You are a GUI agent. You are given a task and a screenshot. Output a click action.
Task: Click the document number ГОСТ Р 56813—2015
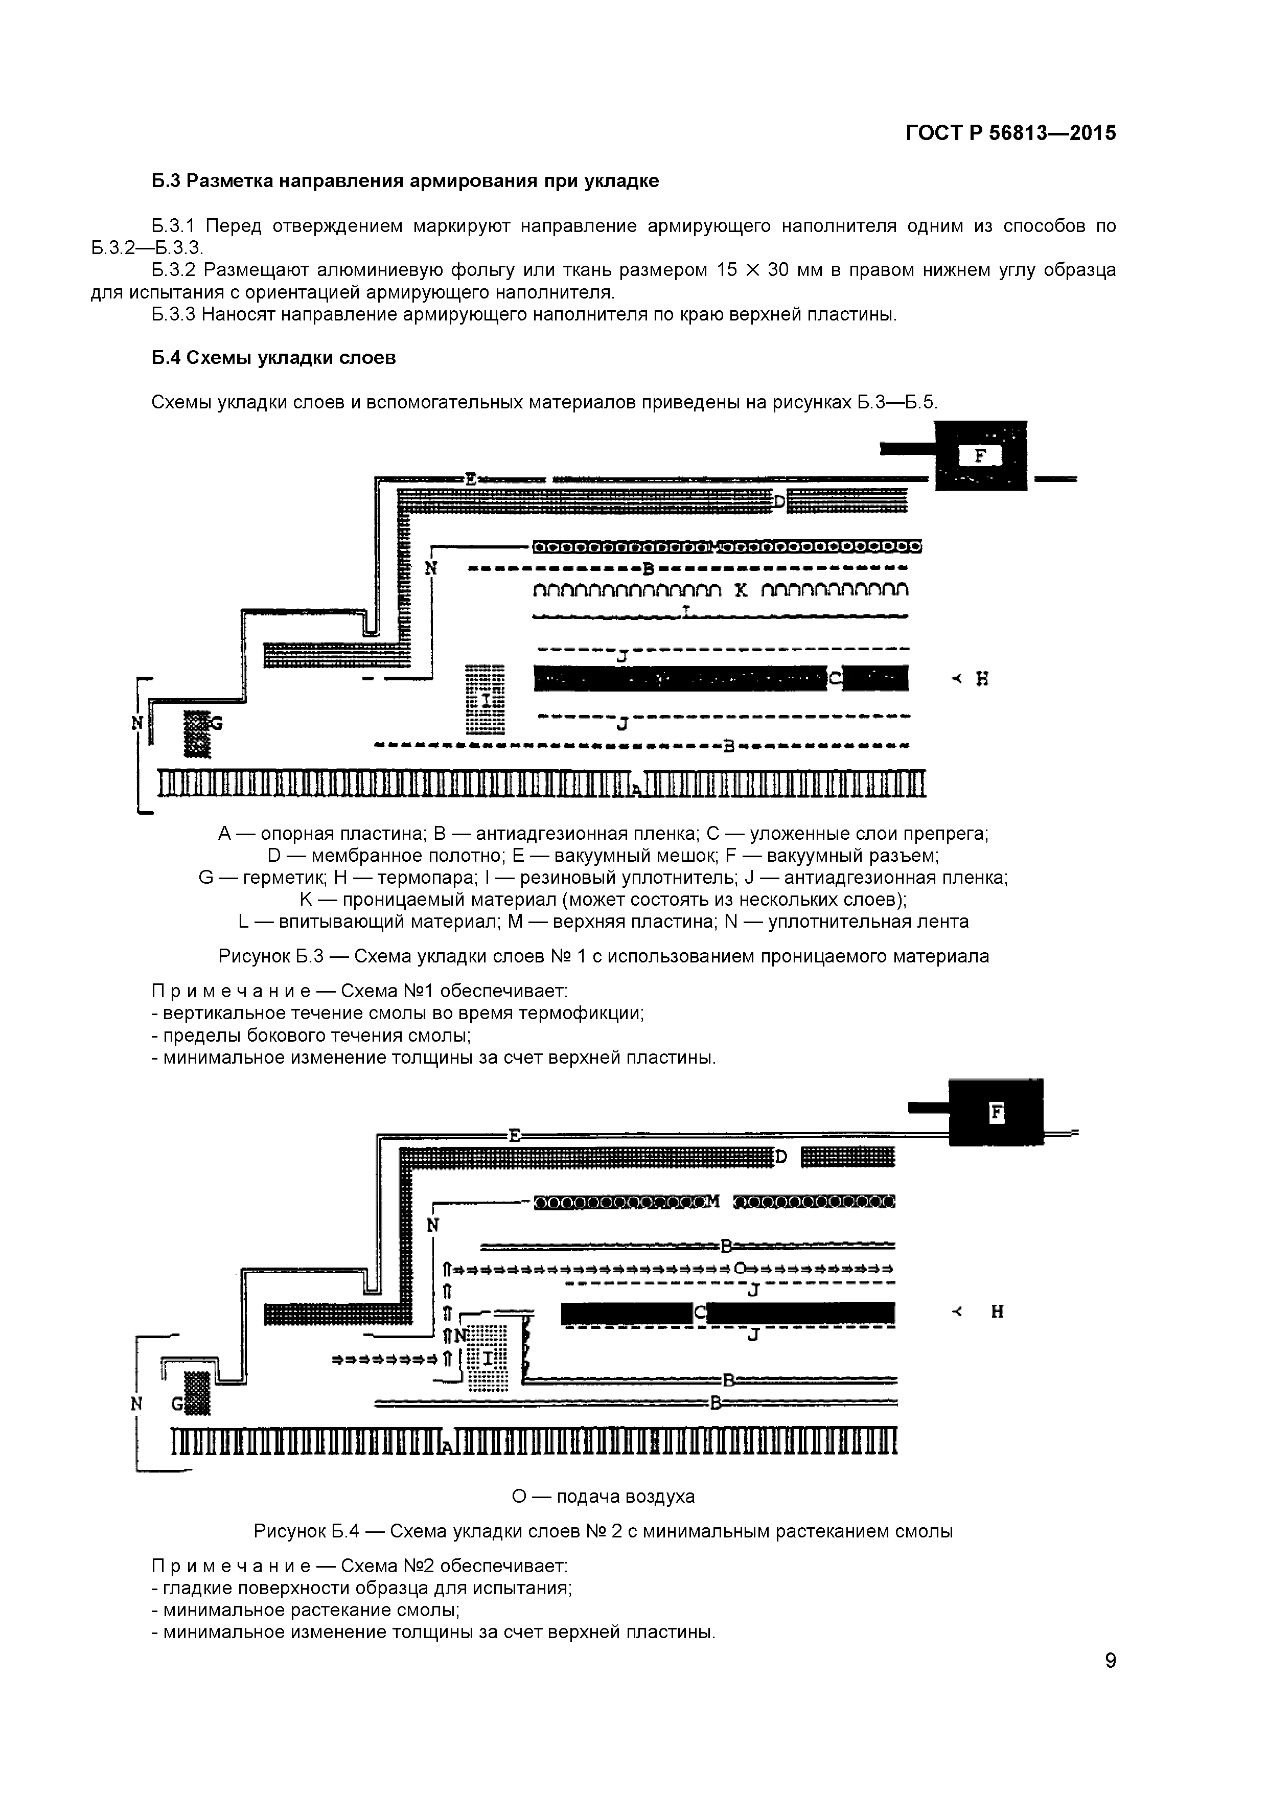pos(1010,133)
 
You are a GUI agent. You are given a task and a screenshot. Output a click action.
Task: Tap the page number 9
pos(1110,1682)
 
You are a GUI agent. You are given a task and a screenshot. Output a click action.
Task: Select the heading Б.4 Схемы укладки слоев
pos(273,358)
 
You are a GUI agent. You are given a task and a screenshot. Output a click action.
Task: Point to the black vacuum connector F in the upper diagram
pos(981,456)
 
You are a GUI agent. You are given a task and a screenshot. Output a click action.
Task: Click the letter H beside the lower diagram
pos(997,1312)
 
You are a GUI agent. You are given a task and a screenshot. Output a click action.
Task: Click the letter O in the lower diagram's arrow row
pos(740,1267)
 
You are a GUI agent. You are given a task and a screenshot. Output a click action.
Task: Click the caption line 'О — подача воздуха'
pos(603,1496)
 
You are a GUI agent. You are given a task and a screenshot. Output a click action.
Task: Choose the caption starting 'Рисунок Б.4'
pos(603,1531)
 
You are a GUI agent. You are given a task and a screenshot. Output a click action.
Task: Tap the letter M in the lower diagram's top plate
pos(711,1201)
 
